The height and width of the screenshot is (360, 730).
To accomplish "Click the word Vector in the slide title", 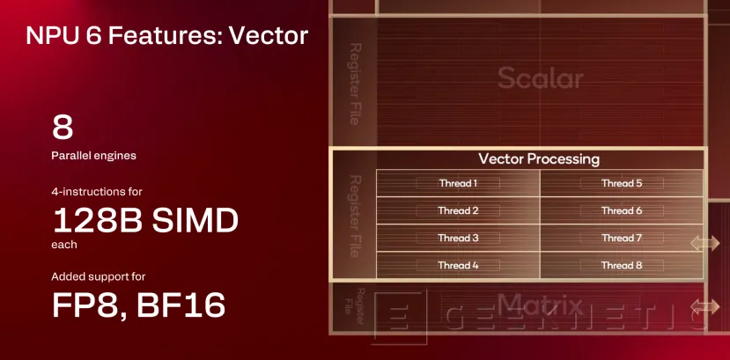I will (268, 36).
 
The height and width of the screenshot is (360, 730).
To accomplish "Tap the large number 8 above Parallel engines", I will (63, 129).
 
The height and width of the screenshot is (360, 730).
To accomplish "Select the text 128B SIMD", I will (145, 220).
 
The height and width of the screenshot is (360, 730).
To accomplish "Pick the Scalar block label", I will (540, 78).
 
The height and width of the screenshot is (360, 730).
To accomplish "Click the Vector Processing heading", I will (538, 159).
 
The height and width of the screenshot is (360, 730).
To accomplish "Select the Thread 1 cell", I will (458, 183).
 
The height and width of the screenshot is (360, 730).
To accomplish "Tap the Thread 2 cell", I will (458, 210).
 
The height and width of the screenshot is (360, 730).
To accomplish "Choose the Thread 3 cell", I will (458, 238).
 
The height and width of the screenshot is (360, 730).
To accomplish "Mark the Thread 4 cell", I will (458, 265).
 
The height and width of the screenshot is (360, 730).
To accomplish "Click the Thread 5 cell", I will (622, 183).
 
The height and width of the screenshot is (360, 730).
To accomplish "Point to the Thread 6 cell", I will (622, 210).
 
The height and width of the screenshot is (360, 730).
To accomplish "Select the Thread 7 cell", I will (622, 238).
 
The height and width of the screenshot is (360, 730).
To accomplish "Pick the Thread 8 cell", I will (622, 265).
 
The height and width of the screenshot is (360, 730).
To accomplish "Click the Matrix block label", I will (540, 306).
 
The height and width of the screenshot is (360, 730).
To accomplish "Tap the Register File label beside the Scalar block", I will (354, 83).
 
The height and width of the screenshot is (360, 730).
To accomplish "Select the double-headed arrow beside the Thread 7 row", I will (705, 242).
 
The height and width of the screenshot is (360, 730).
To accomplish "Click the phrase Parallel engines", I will (94, 156).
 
